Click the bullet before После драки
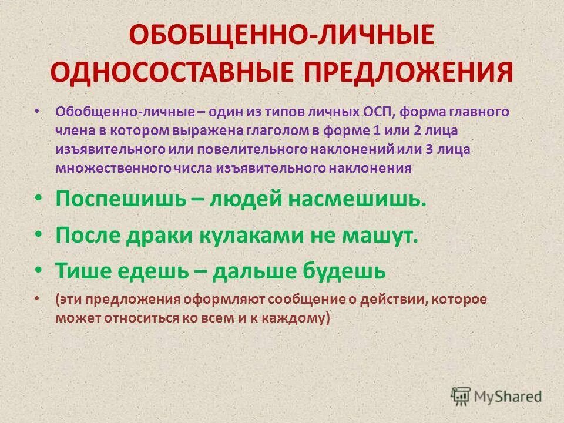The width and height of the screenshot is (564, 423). tap(38, 234)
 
